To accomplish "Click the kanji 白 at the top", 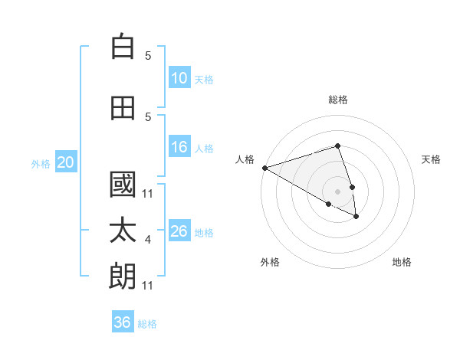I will pyautogui.click(x=123, y=47).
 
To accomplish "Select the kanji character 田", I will pyautogui.click(x=123, y=109).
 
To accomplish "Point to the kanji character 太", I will pyautogui.click(x=123, y=231).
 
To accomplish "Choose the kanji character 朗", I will pyautogui.click(x=123, y=277).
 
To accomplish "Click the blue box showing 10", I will pyautogui.click(x=179, y=78).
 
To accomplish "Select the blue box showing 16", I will pyautogui.click(x=179, y=148).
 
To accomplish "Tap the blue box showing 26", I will pyautogui.click(x=179, y=231).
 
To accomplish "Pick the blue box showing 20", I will pyautogui.click(x=66, y=162).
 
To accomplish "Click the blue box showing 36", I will pyautogui.click(x=123, y=322).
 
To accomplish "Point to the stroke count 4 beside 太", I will pyautogui.click(x=148, y=241).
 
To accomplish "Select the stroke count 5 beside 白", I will pyautogui.click(x=148, y=56).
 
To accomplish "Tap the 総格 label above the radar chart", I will pyautogui.click(x=338, y=100).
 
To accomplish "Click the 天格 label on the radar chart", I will pyautogui.click(x=432, y=159).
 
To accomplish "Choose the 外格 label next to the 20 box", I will pyautogui.click(x=41, y=163).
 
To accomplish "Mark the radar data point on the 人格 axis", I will pyautogui.click(x=264, y=168).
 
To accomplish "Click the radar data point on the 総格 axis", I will pyautogui.click(x=337, y=146).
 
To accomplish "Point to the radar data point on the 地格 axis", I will pyautogui.click(x=356, y=217).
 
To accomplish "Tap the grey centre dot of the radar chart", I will pyautogui.click(x=337, y=191).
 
